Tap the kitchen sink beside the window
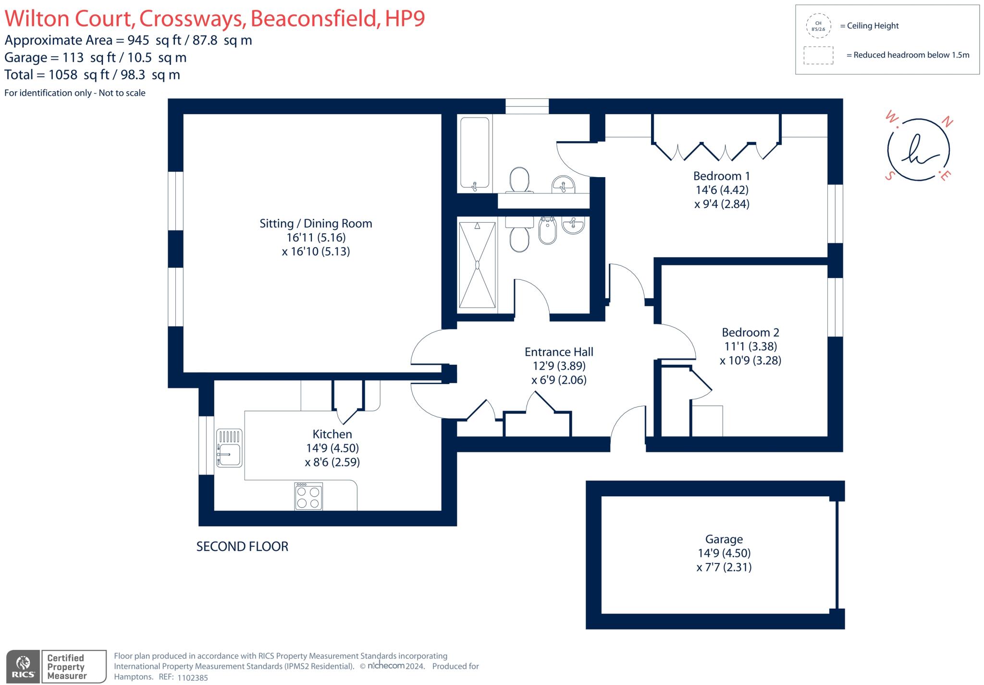229,448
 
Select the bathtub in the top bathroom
475,153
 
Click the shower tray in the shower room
477,264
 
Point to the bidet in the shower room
547,231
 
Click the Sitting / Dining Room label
316,224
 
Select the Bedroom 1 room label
721,176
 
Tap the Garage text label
724,539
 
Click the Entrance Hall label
559,352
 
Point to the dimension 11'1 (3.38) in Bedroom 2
750,346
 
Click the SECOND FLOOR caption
242,546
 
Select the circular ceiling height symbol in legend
818,26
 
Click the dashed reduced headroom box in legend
818,55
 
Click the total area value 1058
63,75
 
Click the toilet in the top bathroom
519,180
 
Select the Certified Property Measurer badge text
66,667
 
